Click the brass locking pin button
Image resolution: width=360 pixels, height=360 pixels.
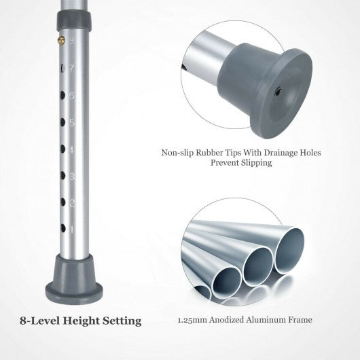61,40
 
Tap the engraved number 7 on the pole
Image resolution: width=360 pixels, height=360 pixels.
72,69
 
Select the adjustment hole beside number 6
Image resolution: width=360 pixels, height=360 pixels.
62,96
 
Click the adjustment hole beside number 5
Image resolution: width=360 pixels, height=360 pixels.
62,122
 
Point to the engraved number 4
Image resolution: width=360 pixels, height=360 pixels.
71,149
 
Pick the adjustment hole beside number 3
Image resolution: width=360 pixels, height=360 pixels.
62,176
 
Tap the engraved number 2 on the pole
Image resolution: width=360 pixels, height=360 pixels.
72,203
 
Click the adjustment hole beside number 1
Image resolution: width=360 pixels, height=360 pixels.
63,228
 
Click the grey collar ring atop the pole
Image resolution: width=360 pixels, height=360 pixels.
74,21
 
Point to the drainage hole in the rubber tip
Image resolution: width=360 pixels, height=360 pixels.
278,92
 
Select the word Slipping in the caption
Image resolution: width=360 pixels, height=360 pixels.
257,163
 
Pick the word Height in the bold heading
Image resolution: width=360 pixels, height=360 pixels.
81,321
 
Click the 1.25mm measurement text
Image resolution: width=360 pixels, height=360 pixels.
192,320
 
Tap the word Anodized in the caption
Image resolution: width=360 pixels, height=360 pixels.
226,320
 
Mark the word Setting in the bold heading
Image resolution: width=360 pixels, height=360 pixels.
122,321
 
